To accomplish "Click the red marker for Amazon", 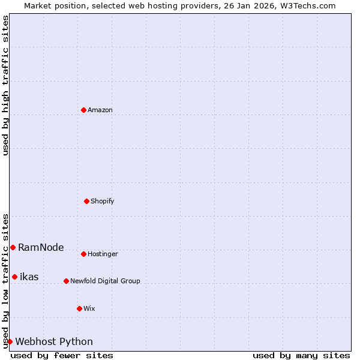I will tap(83, 110).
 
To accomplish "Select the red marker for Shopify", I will tap(86, 201).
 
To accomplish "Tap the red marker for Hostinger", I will tap(83, 254).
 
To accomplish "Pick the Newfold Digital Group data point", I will tap(66, 281).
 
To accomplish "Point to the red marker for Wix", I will tap(79, 308).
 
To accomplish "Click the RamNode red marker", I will tap(13, 247).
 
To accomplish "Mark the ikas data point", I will tap(14, 277).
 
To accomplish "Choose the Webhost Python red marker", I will tap(10, 341).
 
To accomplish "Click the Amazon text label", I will tap(100, 110).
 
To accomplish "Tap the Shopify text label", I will tap(103, 202).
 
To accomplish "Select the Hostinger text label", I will tap(103, 254).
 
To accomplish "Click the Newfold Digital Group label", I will tap(105, 281).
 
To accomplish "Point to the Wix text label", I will tap(89, 309).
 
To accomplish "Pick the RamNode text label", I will tap(41, 248).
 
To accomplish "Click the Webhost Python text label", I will tap(54, 342).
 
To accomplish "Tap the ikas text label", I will tap(29, 277).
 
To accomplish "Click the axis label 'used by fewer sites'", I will tap(62, 355).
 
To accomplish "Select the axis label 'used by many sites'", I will tap(301, 355).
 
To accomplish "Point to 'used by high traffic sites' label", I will tap(5, 85).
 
